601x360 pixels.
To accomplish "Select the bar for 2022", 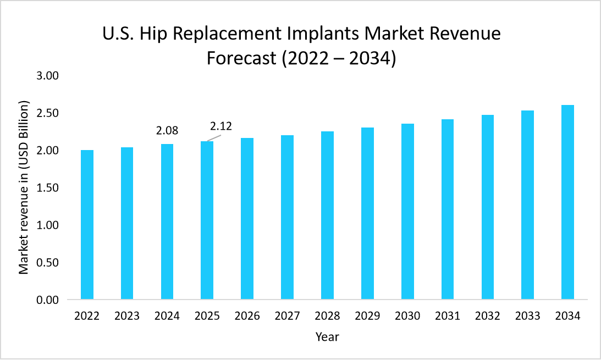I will (87, 225).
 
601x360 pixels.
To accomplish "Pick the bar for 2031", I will (448, 209).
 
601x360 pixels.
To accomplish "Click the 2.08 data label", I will (168, 131).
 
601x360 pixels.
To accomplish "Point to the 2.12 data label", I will (220, 126).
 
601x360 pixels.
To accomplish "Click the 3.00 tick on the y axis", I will (47, 76).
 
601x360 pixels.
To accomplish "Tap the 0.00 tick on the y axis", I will (47, 300).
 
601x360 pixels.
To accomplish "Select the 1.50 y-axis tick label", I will (47, 188).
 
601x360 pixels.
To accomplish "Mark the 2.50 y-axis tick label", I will (47, 113).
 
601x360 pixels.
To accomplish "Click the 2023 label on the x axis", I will (127, 317).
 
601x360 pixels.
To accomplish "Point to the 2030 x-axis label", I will (407, 317).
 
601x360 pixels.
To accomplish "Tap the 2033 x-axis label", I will (528, 317).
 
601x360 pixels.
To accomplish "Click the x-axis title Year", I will (327, 337).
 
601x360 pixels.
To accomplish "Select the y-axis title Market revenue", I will (24, 187).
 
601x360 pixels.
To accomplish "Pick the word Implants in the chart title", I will (331, 34).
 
